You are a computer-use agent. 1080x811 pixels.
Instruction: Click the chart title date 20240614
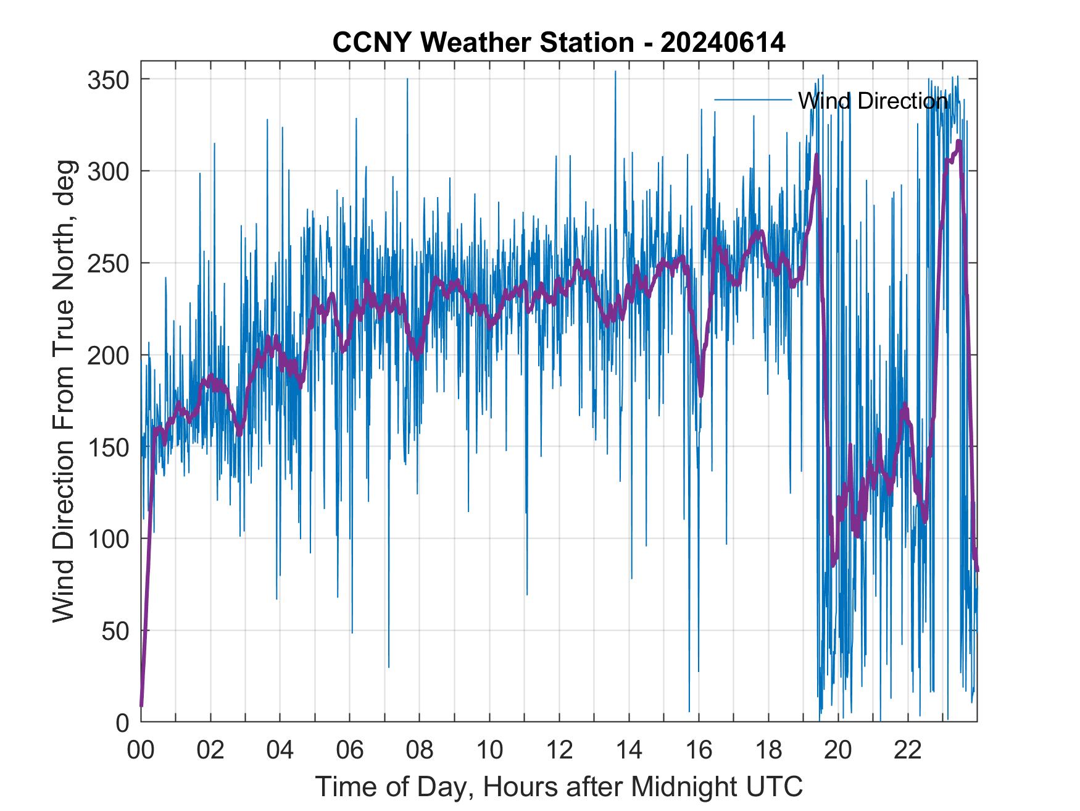coord(723,43)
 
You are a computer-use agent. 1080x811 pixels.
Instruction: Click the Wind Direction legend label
coord(873,101)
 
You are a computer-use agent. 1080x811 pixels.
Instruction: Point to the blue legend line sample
coord(752,99)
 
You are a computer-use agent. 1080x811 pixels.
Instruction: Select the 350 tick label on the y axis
coord(107,80)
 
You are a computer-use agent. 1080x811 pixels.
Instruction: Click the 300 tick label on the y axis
coord(107,171)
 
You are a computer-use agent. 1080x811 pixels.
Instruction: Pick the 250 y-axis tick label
coord(107,263)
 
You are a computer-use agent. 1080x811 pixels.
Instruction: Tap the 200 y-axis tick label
coord(107,355)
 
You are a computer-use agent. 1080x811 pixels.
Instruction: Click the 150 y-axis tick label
coord(107,447)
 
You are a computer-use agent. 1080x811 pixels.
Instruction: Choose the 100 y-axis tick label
coord(107,539)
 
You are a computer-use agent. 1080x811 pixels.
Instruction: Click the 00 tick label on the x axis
coord(141,750)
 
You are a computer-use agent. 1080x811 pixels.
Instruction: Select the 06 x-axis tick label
coord(350,750)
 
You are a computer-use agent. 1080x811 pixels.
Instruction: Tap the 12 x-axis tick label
coord(559,750)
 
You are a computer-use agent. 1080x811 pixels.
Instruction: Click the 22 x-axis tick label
coord(908,750)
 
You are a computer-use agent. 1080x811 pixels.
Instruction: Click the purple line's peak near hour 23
coord(958,143)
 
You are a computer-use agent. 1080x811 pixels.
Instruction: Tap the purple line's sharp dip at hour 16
coord(700,393)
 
